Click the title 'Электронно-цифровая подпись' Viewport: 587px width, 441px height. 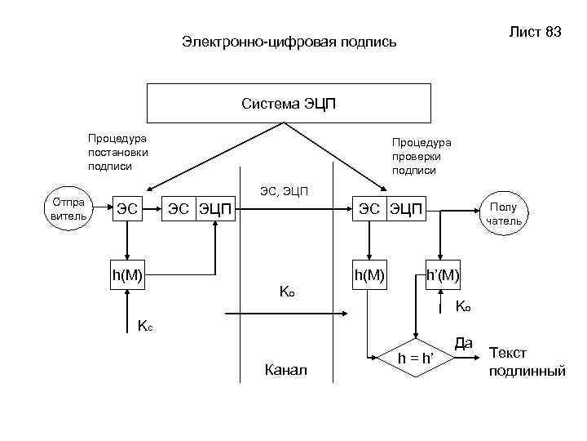pyautogui.click(x=289, y=41)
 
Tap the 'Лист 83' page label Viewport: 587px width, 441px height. pyautogui.click(x=536, y=33)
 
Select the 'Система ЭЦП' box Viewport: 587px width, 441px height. pyautogui.click(x=289, y=104)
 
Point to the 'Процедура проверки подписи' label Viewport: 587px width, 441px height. pyautogui.click(x=421, y=156)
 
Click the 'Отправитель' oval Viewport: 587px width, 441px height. pyautogui.click(x=68, y=209)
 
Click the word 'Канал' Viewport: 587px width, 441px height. pyautogui.click(x=286, y=371)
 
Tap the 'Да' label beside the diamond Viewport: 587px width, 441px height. pyautogui.click(x=464, y=344)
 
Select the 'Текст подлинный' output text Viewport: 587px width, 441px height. pyautogui.click(x=527, y=362)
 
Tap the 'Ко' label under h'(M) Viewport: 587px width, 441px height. pyautogui.click(x=463, y=308)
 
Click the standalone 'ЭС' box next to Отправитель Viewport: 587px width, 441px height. pyautogui.click(x=126, y=210)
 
